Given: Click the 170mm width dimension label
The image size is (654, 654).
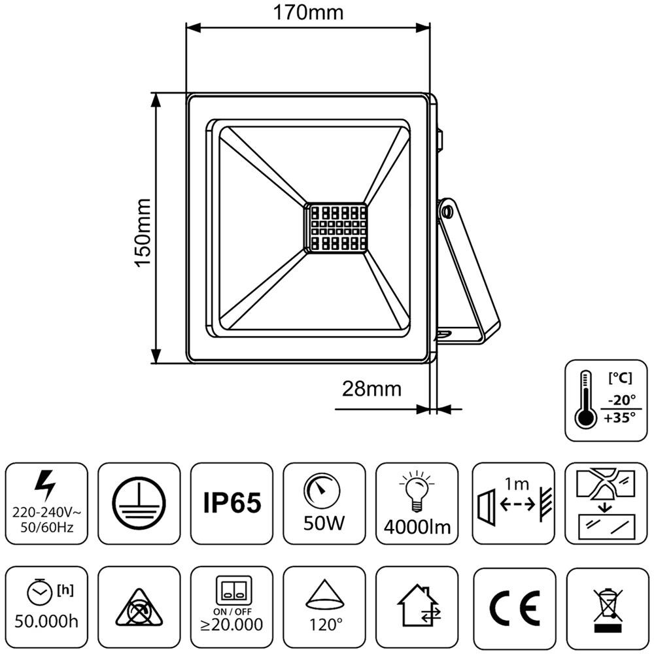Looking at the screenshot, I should tap(307, 12).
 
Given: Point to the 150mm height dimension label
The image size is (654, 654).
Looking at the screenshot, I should tap(142, 232).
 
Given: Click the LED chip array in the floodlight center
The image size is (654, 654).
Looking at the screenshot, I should tap(336, 228).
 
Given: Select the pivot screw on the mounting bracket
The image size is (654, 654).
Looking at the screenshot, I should tap(447, 211).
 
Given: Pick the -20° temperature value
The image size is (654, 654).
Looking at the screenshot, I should tap(620, 400).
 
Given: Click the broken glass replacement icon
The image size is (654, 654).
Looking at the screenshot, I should tap(606, 502).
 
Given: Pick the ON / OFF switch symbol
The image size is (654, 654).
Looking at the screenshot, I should tap(232, 591).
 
